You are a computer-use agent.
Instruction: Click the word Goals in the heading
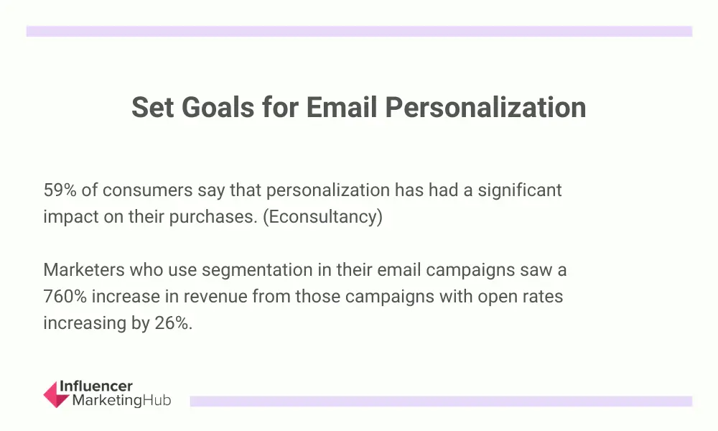pos(218,107)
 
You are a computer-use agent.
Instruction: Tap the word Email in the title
pos(342,107)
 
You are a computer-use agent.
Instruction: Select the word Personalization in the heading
pos(485,108)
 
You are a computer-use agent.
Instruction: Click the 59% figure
pos(60,190)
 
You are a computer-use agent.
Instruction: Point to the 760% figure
pos(65,297)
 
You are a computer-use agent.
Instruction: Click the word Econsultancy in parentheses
pos(322,217)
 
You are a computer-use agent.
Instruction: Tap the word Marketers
pos(84,270)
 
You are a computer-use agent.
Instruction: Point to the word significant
pos(520,191)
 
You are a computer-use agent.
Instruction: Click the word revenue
pos(215,297)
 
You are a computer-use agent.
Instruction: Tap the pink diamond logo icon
pos(56,394)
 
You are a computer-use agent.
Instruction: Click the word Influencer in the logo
pos(96,386)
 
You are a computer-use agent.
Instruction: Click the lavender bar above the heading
pos(359,31)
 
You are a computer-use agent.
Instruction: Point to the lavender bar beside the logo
pos(441,402)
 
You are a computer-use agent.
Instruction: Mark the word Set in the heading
pos(152,107)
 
